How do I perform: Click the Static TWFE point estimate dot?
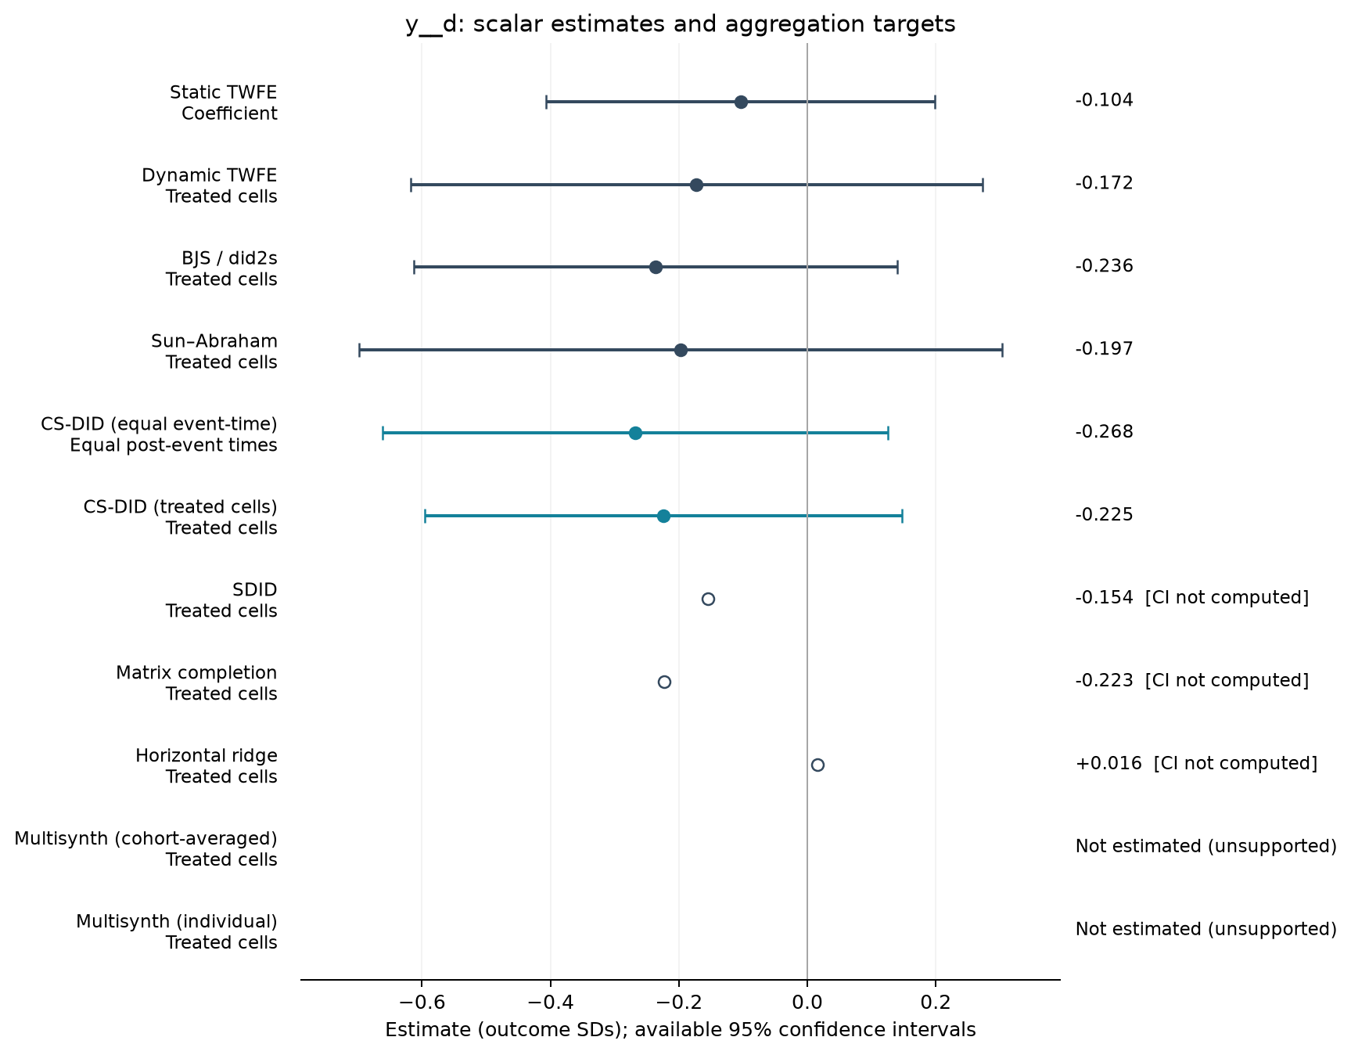pyautogui.click(x=741, y=102)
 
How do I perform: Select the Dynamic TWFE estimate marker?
pyautogui.click(x=696, y=185)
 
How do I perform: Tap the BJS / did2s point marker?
pyautogui.click(x=656, y=268)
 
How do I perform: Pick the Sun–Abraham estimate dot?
pyautogui.click(x=681, y=350)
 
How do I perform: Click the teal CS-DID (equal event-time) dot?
pyautogui.click(x=635, y=433)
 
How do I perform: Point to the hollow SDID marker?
pyautogui.click(x=708, y=599)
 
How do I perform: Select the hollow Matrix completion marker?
pyautogui.click(x=664, y=682)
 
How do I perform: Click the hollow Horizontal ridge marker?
pyautogui.click(x=817, y=765)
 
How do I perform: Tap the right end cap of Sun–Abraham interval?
pyautogui.click(x=1002, y=350)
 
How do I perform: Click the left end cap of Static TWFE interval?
pyautogui.click(x=546, y=102)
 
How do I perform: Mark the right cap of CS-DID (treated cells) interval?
pyautogui.click(x=902, y=516)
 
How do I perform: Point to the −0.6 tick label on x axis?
pyautogui.click(x=422, y=1003)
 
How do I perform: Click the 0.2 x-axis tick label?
pyautogui.click(x=935, y=1003)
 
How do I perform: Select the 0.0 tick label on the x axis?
pyautogui.click(x=807, y=1003)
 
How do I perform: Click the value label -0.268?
pyautogui.click(x=1105, y=432)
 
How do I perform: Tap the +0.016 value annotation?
pyautogui.click(x=1105, y=763)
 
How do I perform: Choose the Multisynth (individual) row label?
pyautogui.click(x=177, y=932)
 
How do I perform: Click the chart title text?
pyautogui.click(x=681, y=24)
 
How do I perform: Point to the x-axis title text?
pyautogui.click(x=681, y=1030)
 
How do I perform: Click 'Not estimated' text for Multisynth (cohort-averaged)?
pyautogui.click(x=1206, y=846)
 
